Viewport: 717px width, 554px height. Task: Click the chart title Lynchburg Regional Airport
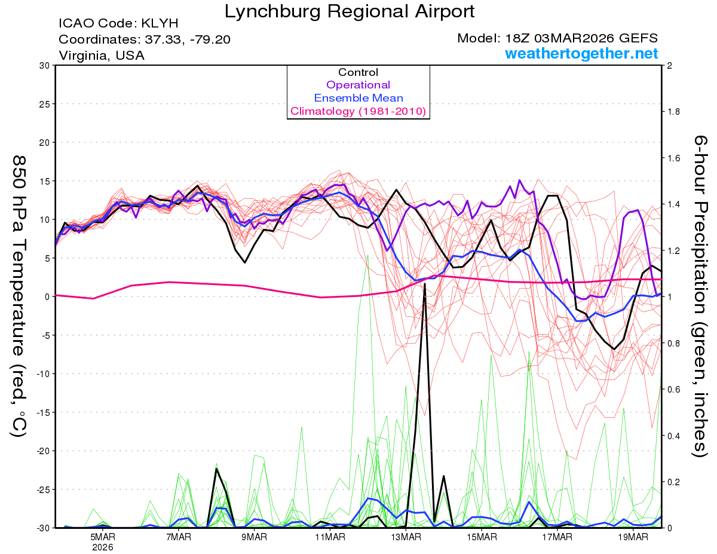[350, 11]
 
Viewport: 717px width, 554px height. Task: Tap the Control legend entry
[358, 72]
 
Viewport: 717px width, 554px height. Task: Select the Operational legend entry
[358, 85]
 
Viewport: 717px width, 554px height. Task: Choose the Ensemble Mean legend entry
[358, 98]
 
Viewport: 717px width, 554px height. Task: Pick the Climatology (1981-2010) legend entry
[358, 111]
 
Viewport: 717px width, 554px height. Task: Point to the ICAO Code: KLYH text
[118, 24]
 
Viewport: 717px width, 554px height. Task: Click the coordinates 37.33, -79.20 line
[145, 39]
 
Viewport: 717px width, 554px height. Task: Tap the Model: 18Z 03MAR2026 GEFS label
[557, 38]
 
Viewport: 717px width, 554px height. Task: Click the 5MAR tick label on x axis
[103, 537]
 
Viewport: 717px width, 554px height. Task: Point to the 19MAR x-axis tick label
[632, 537]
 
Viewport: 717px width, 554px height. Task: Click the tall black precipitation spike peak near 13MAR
[425, 284]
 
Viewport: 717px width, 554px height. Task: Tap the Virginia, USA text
[102, 55]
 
